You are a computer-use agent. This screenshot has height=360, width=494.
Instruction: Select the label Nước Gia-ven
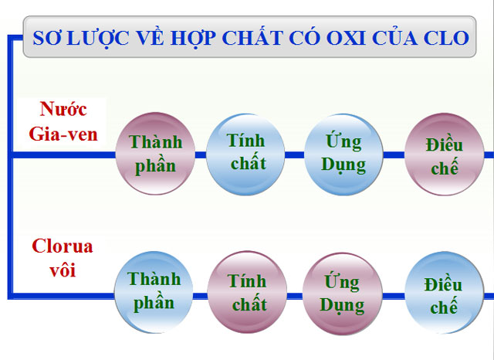click(63, 121)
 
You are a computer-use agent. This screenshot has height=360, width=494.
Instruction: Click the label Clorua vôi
click(63, 258)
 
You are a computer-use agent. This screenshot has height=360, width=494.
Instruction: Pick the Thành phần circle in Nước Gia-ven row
click(155, 154)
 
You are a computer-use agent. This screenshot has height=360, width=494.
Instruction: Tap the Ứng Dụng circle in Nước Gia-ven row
click(344, 154)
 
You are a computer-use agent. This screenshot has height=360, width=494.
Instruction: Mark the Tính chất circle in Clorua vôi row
click(247, 291)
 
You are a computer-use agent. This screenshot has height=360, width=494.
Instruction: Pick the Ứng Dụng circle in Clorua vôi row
click(343, 292)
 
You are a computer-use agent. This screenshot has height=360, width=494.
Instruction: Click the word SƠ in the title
click(45, 38)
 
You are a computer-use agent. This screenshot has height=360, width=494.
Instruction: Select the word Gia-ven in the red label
click(63, 133)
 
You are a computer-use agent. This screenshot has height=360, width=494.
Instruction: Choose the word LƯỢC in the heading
click(99, 38)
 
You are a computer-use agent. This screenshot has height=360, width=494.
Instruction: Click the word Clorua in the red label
click(63, 247)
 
